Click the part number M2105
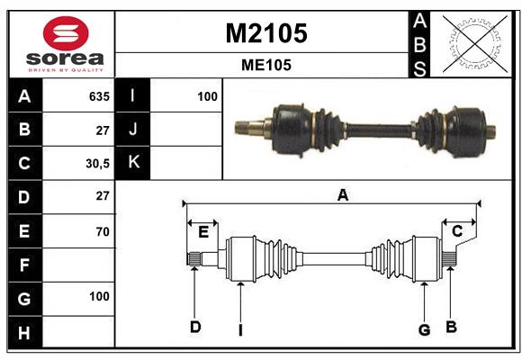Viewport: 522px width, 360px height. click(x=265, y=33)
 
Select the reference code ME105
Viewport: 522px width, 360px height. click(x=265, y=65)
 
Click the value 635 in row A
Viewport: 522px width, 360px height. click(x=99, y=96)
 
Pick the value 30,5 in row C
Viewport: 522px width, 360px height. click(x=97, y=164)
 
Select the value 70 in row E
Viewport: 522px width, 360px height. click(x=102, y=231)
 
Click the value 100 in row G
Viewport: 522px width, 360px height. click(x=99, y=296)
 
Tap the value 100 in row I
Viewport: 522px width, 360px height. click(x=207, y=96)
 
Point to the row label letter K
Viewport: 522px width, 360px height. click(x=133, y=163)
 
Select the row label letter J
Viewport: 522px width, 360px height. click(x=133, y=130)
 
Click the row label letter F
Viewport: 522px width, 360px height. click(x=24, y=265)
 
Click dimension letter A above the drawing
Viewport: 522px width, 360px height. click(x=342, y=195)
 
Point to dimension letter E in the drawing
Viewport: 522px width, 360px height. click(x=203, y=232)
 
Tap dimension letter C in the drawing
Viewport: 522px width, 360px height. click(x=457, y=232)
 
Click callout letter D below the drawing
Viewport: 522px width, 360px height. click(x=195, y=327)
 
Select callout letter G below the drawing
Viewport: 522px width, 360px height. click(x=424, y=329)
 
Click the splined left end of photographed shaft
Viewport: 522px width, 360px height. click(x=246, y=126)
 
